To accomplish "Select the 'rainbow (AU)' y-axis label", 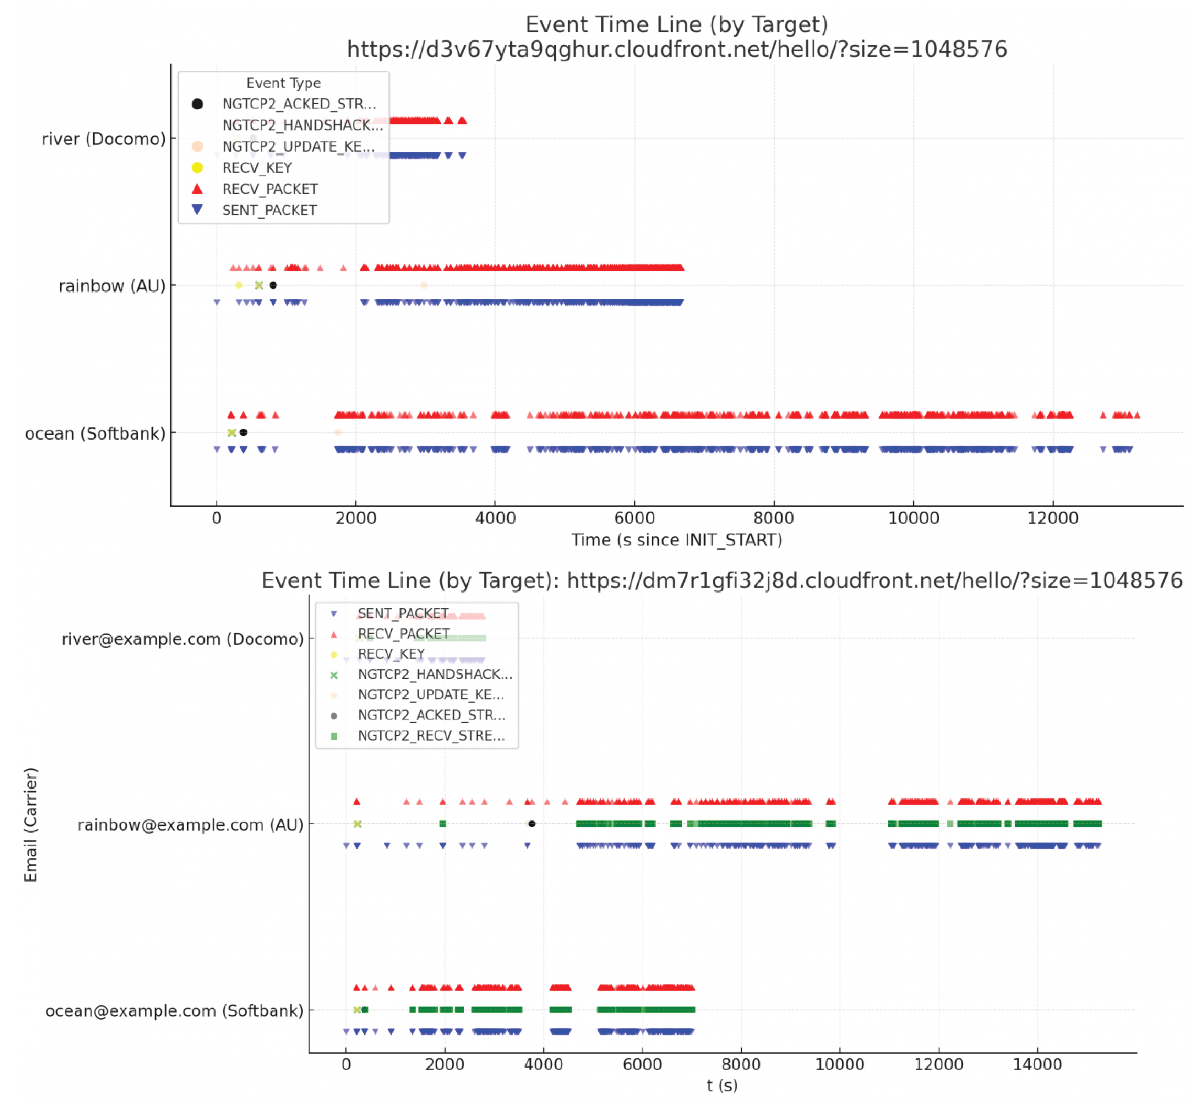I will coord(112,286).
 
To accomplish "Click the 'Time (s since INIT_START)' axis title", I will coord(677,540).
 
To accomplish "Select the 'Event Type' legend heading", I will coord(283,83).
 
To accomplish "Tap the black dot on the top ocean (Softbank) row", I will coord(243,432).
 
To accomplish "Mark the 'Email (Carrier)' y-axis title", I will coord(31,825).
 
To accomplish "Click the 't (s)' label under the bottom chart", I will coord(722,1085).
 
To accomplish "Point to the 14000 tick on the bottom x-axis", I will coord(1037,1065).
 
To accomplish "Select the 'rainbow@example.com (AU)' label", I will coord(191,825).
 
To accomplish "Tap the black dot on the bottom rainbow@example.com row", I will coord(532,824).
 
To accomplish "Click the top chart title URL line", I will coord(677,49).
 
